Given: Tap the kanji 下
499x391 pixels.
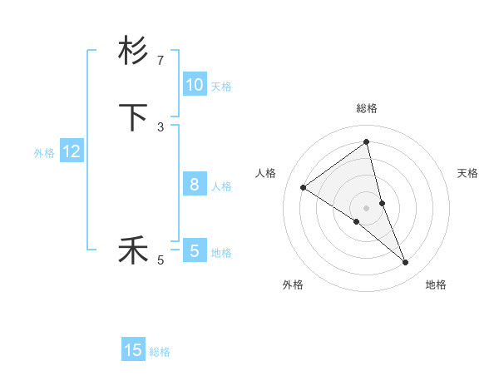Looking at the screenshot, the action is pos(133,117).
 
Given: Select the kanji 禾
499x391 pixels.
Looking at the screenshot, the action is pos(133,250).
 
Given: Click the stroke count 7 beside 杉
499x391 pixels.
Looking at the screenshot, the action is pos(161,61).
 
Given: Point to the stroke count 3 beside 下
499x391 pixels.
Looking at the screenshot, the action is pos(161,127).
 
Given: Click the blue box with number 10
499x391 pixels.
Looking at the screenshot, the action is pos(194,85).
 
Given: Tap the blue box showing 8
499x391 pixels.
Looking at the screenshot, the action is pos(194,185).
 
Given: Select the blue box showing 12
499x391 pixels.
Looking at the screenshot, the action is pos(72,151).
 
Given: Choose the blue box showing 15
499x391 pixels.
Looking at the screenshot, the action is pos(133,350).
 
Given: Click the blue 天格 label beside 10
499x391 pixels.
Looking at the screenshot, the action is pos(221,87).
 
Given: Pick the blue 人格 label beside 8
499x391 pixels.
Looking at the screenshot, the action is pos(221,186).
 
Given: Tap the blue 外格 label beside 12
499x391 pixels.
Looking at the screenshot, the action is pos(44,153).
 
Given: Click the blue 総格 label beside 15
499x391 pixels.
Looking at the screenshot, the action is pos(160,352).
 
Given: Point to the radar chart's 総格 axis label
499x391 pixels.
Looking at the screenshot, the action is pos(366,108).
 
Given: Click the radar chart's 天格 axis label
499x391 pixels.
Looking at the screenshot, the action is pos(467,173).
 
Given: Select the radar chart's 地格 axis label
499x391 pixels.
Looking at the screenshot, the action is pos(436,285).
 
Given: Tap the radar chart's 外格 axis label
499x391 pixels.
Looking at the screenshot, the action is pos(293,285).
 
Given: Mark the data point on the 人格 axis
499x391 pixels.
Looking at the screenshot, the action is pos(304,187).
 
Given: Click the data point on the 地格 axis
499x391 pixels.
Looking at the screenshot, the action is pos(406,263).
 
